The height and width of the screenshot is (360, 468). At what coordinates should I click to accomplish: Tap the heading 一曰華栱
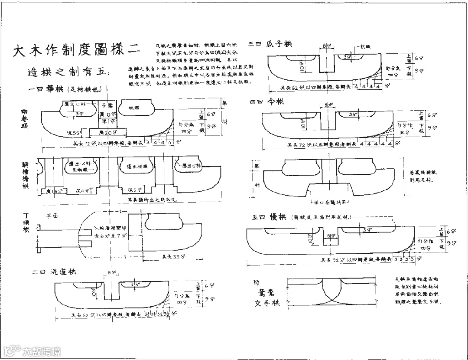click(65, 90)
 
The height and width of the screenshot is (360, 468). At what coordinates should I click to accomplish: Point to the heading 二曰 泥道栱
click(55, 272)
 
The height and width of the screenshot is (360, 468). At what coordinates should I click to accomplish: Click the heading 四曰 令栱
click(266, 101)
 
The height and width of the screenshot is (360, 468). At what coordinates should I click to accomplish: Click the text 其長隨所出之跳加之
click(149, 200)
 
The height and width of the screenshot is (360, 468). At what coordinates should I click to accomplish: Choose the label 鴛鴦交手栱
click(266, 293)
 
